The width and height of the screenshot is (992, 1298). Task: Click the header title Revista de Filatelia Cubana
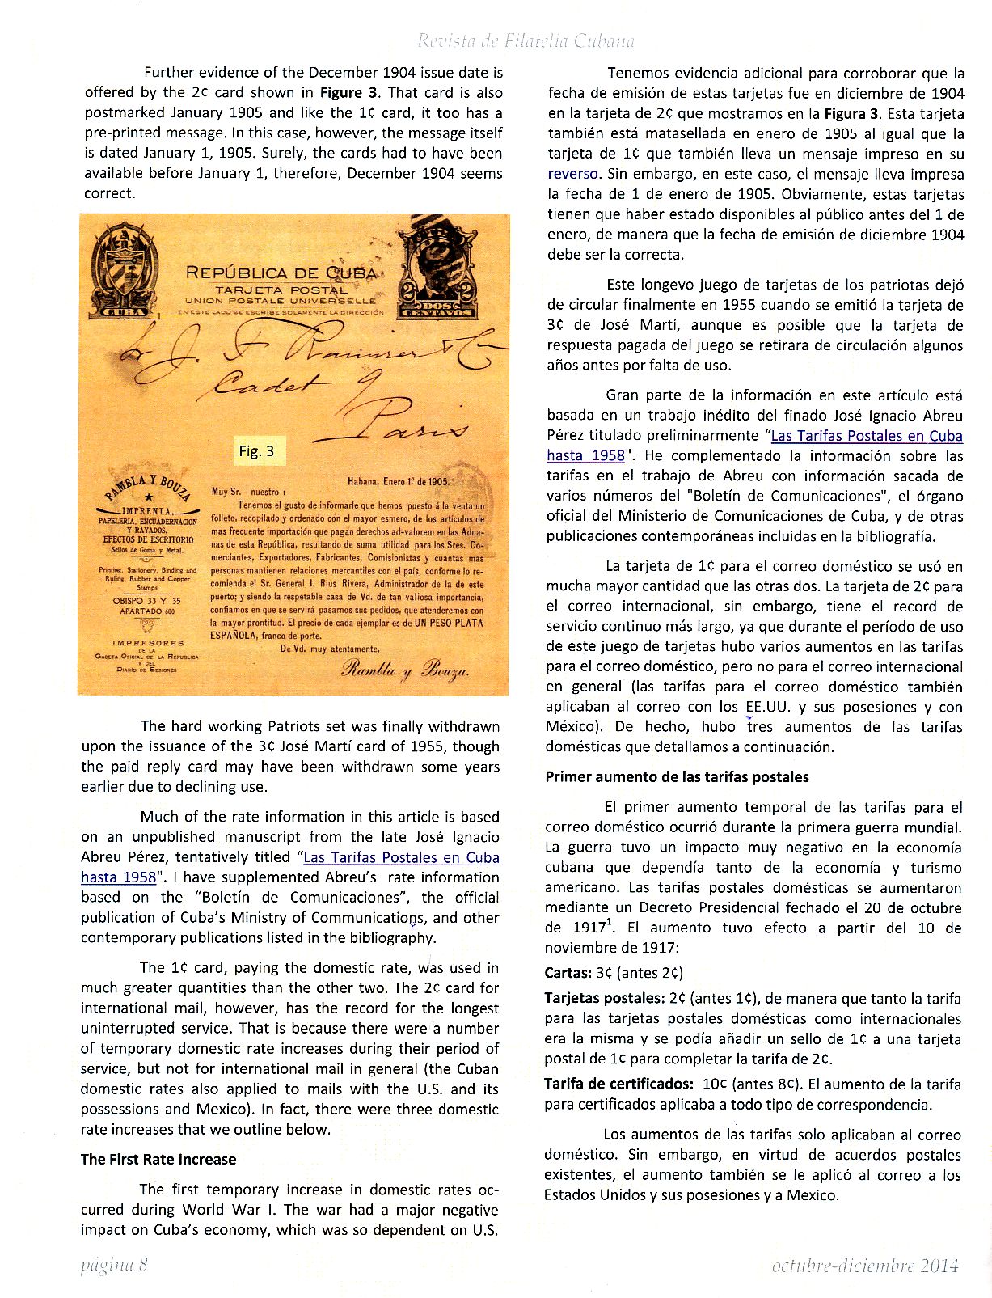click(526, 41)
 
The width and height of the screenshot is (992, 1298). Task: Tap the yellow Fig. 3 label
click(257, 451)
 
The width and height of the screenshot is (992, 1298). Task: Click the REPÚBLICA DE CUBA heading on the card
click(281, 273)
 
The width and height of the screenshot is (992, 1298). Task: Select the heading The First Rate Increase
click(158, 1159)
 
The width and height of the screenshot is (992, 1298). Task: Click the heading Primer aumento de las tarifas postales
click(677, 777)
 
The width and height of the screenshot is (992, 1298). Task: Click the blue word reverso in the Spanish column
click(573, 174)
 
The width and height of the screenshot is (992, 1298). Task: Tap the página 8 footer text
click(114, 1265)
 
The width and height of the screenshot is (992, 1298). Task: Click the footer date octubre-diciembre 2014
click(865, 1266)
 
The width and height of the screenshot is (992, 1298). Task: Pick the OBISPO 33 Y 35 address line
click(147, 601)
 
